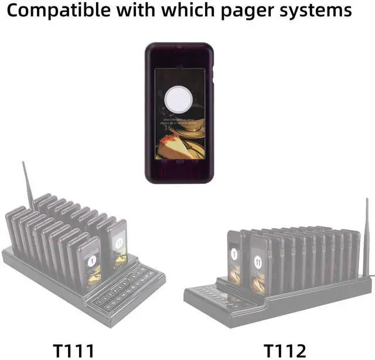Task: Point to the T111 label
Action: (74, 350)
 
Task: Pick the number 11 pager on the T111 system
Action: (117, 241)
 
